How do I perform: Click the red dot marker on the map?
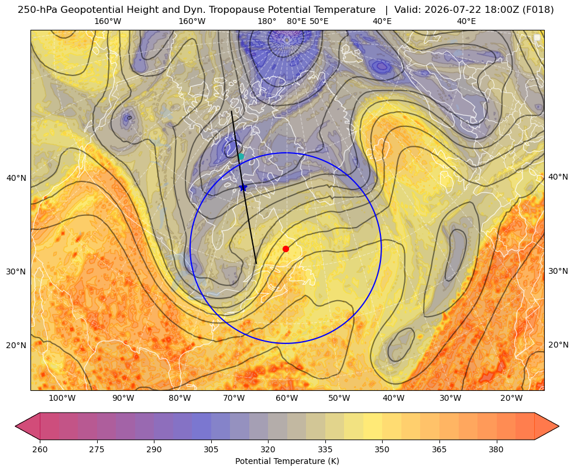pyautogui.click(x=286, y=249)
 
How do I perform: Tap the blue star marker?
pyautogui.click(x=243, y=188)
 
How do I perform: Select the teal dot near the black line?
pyautogui.click(x=241, y=157)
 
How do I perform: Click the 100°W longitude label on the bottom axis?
pyautogui.click(x=62, y=398)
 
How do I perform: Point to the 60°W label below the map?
pyautogui.click(x=287, y=398)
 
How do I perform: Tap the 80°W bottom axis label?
pyautogui.click(x=180, y=398)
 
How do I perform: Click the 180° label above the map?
pyautogui.click(x=267, y=21)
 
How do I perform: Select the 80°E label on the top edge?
pyautogui.click(x=297, y=21)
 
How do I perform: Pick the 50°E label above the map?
pyautogui.click(x=319, y=21)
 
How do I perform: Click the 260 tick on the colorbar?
pyautogui.click(x=40, y=449)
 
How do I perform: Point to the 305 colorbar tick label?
pyautogui.click(x=211, y=449)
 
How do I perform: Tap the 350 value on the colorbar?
pyautogui.click(x=382, y=449)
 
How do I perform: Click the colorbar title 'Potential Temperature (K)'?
pyautogui.click(x=287, y=461)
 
